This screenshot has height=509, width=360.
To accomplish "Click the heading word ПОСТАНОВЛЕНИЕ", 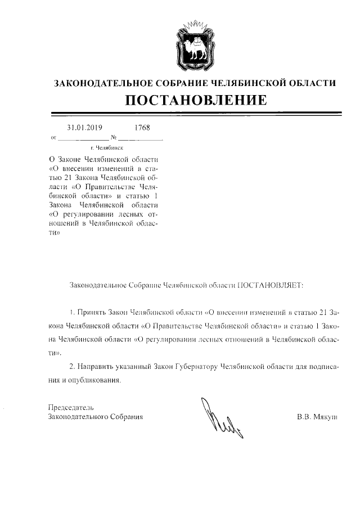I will (195, 101).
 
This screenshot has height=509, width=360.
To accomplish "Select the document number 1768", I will (142, 127).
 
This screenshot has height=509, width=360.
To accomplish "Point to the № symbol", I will (114, 137).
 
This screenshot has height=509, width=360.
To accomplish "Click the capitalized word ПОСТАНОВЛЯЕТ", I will (271, 285).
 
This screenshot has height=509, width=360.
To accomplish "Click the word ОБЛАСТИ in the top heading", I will (310, 83).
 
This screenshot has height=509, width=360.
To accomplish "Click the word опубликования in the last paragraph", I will (97, 381).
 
